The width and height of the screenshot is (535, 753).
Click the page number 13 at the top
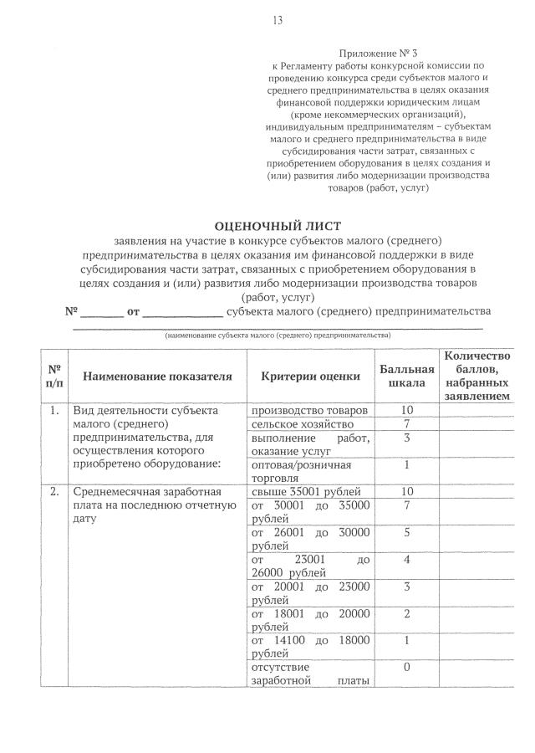click(278, 21)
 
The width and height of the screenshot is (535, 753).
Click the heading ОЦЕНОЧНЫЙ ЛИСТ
click(278, 226)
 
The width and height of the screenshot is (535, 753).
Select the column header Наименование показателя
click(157, 376)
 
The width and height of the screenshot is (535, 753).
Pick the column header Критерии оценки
click(310, 376)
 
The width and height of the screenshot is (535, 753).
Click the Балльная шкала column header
click(407, 376)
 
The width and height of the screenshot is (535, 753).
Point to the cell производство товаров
click(309, 411)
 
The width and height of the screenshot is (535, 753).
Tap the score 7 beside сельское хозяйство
click(407, 425)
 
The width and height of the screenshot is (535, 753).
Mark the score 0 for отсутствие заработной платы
click(407, 668)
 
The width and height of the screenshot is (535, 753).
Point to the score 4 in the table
click(407, 559)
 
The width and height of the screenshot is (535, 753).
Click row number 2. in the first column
click(54, 491)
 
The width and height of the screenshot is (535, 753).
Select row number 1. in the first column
click(54, 411)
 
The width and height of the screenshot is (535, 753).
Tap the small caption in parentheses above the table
click(278, 335)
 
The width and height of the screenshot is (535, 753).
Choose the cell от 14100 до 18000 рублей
click(310, 647)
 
